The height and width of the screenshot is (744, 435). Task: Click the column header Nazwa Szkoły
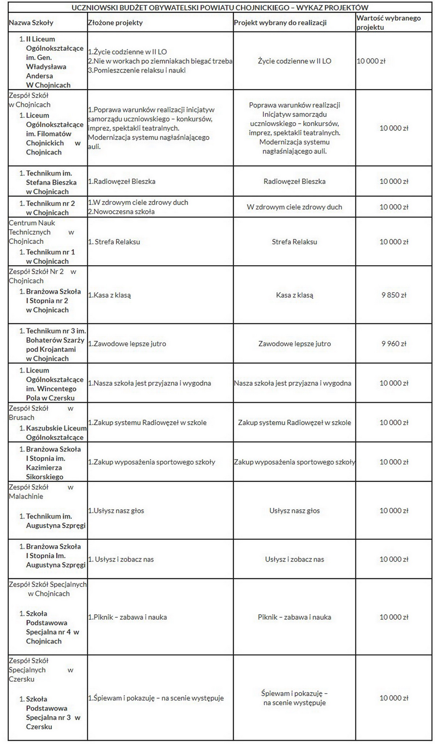(31, 23)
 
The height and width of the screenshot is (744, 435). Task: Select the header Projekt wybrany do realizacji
(280, 23)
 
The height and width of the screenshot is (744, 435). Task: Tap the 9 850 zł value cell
(394, 295)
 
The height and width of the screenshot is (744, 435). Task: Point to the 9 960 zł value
(394, 344)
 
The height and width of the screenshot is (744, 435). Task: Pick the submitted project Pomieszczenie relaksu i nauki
(137, 70)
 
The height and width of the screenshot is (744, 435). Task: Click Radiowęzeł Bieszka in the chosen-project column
(294, 181)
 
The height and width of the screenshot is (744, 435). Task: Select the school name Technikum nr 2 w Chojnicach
(50, 208)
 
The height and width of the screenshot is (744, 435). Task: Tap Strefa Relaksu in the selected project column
(294, 242)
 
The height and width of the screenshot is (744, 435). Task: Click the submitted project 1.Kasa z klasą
(109, 295)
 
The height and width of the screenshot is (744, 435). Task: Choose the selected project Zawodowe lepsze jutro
(294, 344)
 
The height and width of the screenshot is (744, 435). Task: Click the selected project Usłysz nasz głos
(294, 511)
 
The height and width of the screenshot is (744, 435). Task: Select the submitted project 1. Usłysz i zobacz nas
(121, 559)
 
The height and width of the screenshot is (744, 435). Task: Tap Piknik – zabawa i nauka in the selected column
(294, 617)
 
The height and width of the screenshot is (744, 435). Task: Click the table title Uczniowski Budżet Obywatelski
(220, 8)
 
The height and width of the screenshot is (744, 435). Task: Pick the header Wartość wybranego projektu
(389, 22)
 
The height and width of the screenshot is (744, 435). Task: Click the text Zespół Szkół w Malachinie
(41, 492)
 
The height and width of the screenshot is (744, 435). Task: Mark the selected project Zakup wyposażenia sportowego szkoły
(294, 462)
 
